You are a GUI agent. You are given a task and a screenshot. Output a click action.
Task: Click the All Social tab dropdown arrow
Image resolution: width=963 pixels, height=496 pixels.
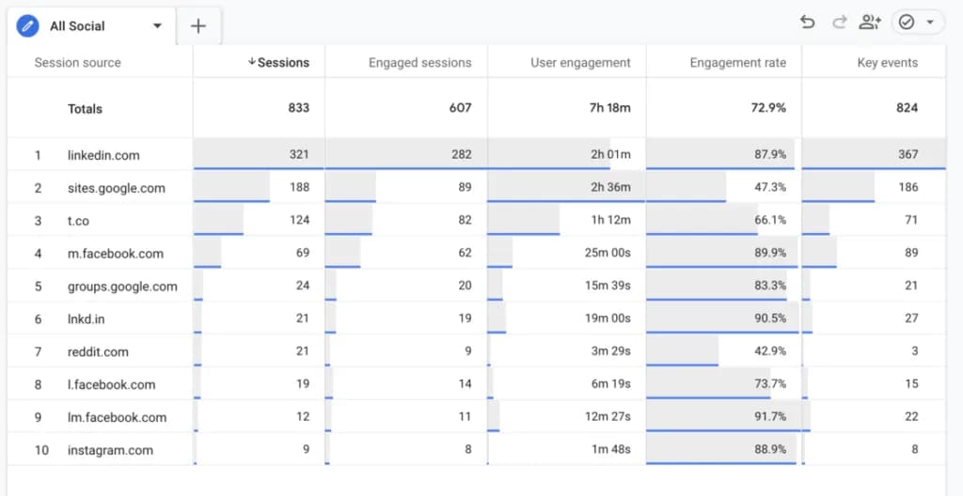click(x=157, y=26)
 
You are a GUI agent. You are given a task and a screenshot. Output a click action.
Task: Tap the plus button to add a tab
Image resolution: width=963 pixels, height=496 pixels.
click(x=198, y=26)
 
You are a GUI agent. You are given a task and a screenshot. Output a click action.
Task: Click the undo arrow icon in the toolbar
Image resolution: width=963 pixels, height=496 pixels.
click(x=807, y=23)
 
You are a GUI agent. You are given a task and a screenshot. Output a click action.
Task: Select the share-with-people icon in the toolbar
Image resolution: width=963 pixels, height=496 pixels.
click(x=870, y=23)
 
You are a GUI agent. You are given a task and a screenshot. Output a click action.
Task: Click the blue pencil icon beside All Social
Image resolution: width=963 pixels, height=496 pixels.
click(x=28, y=26)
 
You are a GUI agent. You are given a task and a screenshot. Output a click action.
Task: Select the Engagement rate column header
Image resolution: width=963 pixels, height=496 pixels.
click(x=737, y=63)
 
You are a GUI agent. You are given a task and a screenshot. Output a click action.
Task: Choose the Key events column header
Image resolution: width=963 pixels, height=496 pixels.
click(x=887, y=63)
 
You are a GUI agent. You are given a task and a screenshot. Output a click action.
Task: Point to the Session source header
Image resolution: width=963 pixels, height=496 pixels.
click(x=77, y=63)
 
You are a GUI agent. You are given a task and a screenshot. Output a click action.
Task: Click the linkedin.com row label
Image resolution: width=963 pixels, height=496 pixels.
click(x=103, y=155)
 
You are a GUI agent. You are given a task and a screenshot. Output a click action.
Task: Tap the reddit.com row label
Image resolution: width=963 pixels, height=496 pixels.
click(x=98, y=351)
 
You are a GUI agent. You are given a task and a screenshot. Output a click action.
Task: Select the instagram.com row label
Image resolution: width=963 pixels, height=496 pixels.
click(x=110, y=450)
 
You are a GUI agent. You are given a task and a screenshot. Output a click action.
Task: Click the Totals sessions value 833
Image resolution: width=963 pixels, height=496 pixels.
click(x=298, y=108)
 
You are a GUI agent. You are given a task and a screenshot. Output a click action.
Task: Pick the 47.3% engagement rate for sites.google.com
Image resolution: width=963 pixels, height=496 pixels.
click(x=770, y=187)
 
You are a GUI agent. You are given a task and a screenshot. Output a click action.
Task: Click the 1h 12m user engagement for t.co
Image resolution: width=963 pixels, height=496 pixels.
click(x=610, y=220)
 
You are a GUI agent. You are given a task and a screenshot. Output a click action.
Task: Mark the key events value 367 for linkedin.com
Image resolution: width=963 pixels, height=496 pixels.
click(x=908, y=154)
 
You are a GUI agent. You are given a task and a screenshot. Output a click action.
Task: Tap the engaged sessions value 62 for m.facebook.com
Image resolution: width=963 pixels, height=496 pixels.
click(x=463, y=253)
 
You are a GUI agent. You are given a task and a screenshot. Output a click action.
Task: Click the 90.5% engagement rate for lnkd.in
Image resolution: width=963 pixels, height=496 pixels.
click(x=770, y=318)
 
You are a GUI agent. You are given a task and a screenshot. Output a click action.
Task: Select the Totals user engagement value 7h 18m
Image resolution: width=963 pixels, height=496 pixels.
click(x=609, y=108)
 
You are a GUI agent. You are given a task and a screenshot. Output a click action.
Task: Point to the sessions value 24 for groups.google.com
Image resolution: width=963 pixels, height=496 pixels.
click(x=301, y=286)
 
